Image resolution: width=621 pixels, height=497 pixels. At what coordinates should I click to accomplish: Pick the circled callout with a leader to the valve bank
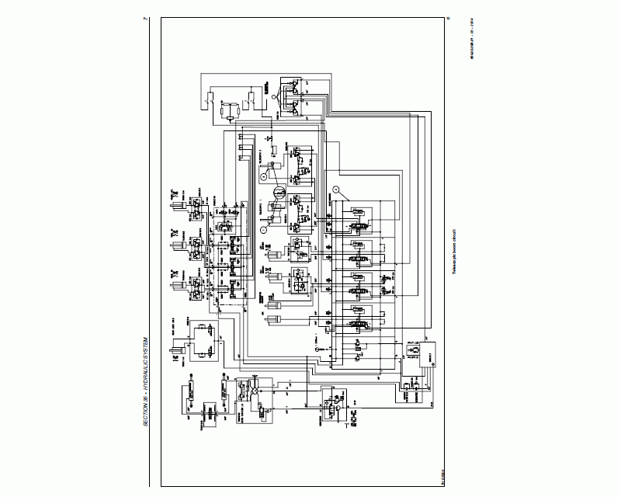click(335, 189)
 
